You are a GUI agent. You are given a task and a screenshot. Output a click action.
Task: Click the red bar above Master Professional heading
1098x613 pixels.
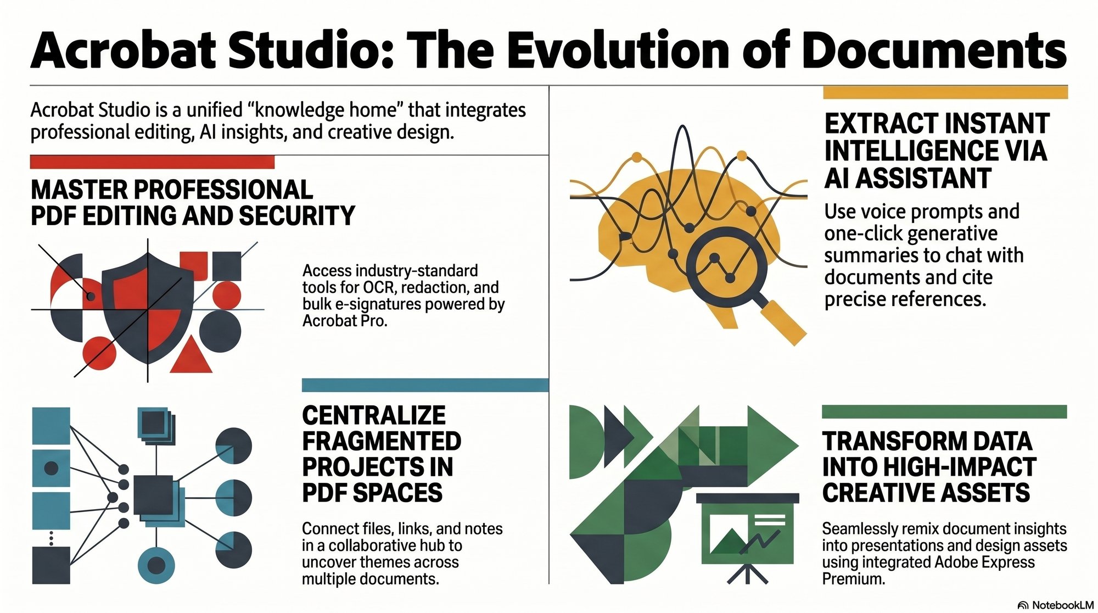152,162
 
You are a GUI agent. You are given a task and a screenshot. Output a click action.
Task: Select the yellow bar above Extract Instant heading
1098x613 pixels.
945,92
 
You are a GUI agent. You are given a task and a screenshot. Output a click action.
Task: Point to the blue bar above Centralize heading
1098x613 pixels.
425,385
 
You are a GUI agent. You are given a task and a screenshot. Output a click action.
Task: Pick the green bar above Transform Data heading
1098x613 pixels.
944,411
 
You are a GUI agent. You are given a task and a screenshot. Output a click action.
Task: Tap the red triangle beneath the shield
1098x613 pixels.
191,356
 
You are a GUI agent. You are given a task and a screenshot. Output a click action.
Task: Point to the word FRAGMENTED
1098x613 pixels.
382,441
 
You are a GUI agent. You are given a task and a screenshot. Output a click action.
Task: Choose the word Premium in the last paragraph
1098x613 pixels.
853,578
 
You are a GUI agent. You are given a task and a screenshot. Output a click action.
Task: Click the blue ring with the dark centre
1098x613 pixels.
156,565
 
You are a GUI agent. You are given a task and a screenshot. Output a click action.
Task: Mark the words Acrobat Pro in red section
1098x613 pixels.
344,321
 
